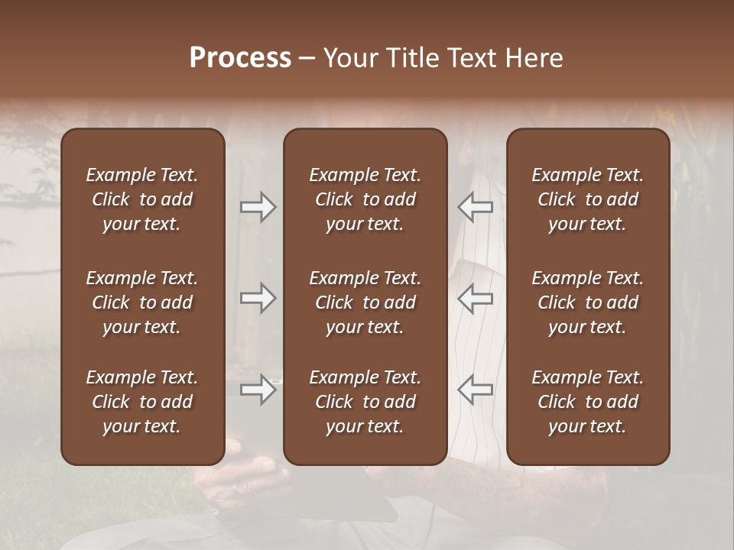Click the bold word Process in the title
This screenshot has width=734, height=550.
[240, 58]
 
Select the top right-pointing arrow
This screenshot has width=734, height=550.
[258, 207]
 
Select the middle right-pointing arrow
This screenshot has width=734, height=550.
[258, 298]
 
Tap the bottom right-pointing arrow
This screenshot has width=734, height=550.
[258, 390]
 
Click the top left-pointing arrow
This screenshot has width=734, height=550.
[475, 207]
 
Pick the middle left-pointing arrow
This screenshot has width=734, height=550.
[475, 298]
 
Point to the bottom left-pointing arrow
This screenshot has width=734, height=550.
[475, 390]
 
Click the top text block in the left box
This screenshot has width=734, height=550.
[142, 199]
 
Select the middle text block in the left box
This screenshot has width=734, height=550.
[142, 302]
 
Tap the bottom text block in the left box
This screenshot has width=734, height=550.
[142, 402]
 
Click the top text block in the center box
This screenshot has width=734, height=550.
[365, 199]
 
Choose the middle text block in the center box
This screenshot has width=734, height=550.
[365, 302]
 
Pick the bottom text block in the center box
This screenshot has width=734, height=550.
[365, 402]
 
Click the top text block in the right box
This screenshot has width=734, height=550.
[587, 199]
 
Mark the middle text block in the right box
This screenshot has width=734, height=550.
[587, 302]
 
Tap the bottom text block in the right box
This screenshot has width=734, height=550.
[587, 402]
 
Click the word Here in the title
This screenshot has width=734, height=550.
[534, 58]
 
